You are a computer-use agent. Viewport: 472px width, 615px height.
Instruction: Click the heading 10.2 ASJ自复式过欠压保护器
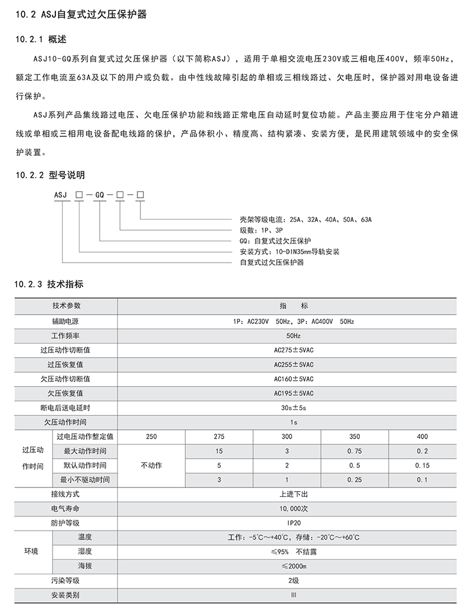pyautogui.click(x=80, y=15)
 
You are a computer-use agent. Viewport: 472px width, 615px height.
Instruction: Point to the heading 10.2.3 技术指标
pyautogui.click(x=50, y=284)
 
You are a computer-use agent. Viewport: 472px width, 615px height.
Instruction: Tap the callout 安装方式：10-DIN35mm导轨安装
pyautogui.click(x=289, y=251)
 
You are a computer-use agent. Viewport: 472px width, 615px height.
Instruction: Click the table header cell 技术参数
pyautogui.click(x=66, y=306)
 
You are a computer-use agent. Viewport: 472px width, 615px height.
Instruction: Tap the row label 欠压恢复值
pyautogui.click(x=66, y=393)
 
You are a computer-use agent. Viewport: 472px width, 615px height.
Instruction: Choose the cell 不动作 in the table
pyautogui.click(x=151, y=465)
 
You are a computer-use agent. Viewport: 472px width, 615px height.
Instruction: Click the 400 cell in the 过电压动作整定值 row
pyautogui.click(x=422, y=436)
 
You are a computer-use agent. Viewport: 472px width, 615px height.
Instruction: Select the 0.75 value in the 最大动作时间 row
pyautogui.click(x=354, y=451)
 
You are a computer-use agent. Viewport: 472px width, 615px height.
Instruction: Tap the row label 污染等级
pyautogui.click(x=66, y=580)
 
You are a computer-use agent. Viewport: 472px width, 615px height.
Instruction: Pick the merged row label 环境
pyautogui.click(x=31, y=551)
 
